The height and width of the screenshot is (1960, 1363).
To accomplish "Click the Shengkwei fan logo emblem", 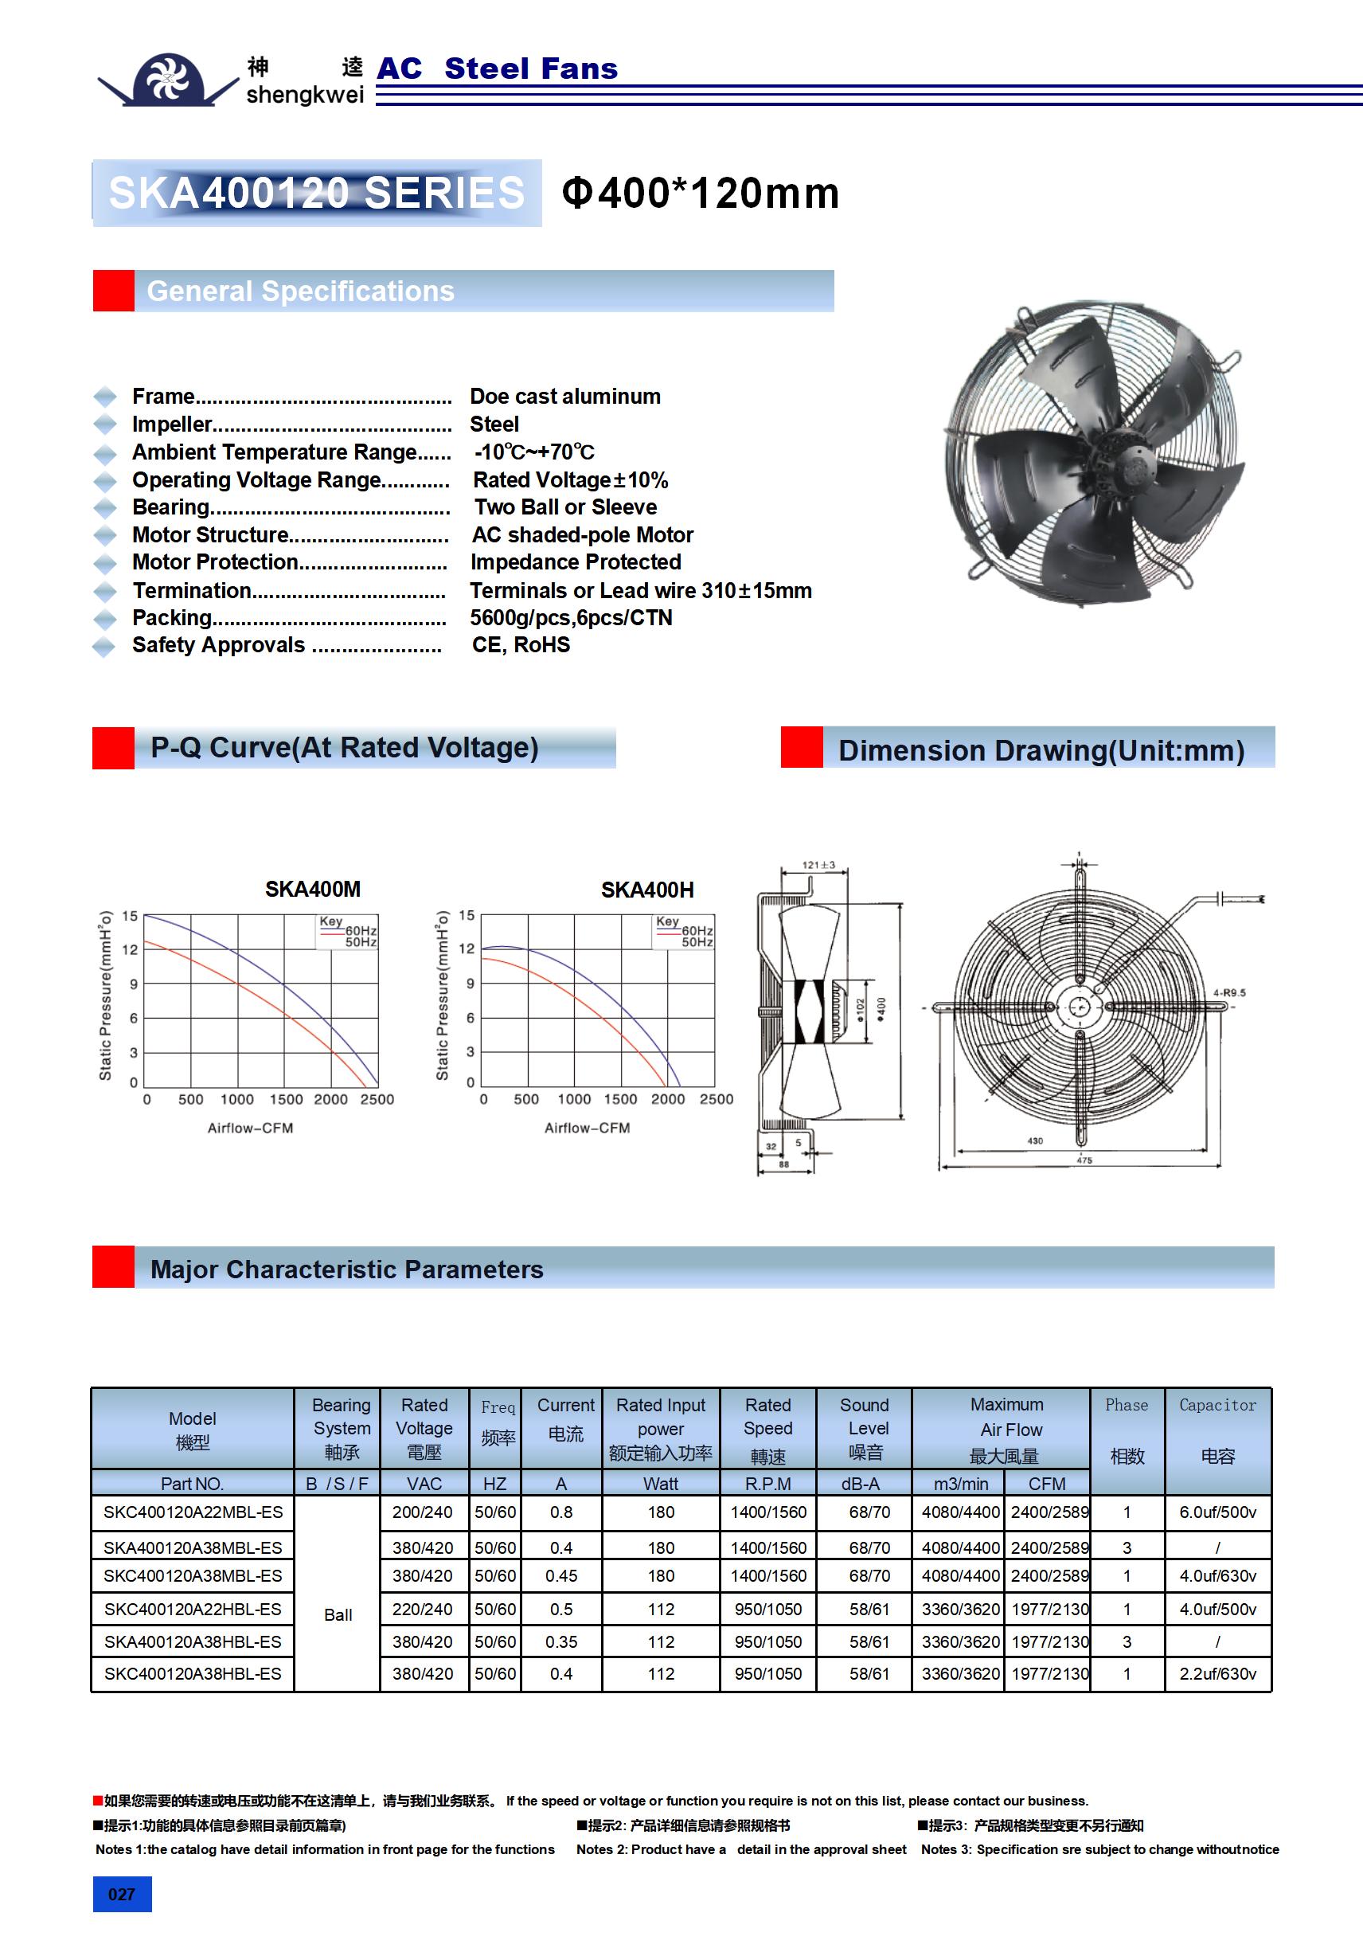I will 168,80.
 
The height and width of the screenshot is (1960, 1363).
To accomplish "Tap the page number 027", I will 121,1894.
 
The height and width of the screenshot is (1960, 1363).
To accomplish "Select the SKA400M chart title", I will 312,890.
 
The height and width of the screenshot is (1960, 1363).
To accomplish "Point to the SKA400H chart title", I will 647,890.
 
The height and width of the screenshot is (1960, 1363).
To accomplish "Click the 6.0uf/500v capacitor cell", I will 1217,1512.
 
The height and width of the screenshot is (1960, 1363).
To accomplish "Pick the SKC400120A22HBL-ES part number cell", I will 193,1609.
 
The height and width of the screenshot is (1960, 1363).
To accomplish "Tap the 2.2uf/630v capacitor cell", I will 1217,1674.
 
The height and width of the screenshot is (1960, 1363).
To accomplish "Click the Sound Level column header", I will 864,1428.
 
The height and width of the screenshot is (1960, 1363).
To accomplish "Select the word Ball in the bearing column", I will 338,1615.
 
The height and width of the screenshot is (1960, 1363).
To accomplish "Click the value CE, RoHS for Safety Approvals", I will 521,645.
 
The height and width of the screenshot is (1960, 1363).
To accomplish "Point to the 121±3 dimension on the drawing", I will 818,865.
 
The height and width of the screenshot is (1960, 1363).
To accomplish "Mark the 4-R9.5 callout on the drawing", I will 1229,993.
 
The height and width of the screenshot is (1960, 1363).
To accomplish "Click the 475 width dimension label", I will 1084,1160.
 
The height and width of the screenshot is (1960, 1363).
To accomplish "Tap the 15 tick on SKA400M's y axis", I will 130,916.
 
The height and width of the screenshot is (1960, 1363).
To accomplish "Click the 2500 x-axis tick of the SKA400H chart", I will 716,1100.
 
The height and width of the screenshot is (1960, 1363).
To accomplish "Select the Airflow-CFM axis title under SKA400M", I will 250,1129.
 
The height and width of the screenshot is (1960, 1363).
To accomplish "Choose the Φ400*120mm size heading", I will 700,193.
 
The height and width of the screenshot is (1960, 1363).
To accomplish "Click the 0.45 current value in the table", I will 560,1576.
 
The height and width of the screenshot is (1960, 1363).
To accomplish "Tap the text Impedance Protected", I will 576,562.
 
